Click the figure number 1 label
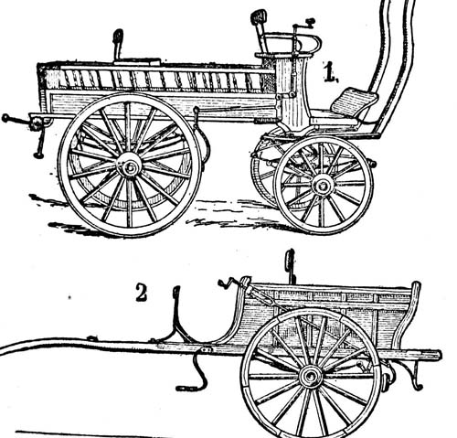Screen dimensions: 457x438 click(330, 72)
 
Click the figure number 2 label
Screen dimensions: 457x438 click(141, 293)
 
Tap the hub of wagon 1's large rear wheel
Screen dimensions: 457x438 click(130, 166)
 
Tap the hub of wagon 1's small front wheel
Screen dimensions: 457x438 click(323, 185)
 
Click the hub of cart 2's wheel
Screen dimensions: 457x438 click(310, 377)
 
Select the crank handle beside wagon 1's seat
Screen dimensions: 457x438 click(303, 25)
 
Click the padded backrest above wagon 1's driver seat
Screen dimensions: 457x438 click(259, 16)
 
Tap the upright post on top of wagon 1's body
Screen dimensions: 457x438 click(118, 44)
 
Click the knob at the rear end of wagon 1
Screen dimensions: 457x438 click(5, 118)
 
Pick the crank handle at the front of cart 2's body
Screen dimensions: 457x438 click(227, 283)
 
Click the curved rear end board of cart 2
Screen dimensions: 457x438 click(409, 314)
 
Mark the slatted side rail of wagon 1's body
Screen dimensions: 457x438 click(158, 80)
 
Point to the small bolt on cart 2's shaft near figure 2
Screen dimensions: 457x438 click(91, 338)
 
